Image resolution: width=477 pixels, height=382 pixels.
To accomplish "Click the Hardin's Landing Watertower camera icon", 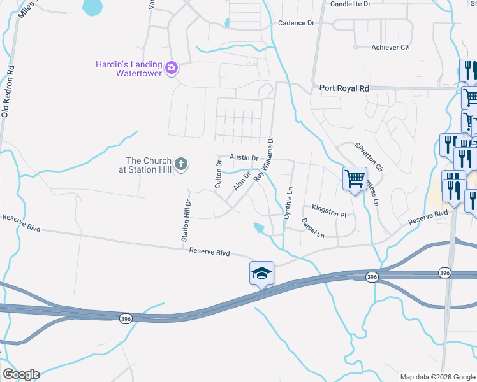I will [x=171, y=68].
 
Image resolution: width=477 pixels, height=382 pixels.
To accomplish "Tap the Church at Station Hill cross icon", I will [x=181, y=165].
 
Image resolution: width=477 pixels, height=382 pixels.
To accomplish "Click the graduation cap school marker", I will [x=261, y=273].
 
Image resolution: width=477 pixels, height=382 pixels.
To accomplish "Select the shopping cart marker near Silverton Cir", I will [x=354, y=178].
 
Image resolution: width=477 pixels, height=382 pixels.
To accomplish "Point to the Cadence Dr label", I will [x=297, y=23].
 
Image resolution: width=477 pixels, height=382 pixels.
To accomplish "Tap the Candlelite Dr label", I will [x=350, y=4].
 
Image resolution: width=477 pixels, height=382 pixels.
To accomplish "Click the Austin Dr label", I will [x=244, y=157].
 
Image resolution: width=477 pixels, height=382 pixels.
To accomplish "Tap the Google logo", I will [x=20, y=374].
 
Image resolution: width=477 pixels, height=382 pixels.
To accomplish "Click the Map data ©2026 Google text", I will [x=437, y=377].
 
